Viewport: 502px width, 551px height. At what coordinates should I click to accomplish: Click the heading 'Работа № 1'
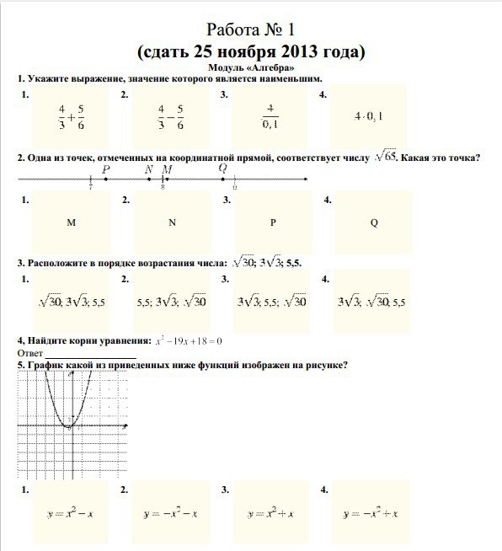(x=251, y=31)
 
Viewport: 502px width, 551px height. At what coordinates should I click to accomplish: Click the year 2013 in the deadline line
(x=284, y=52)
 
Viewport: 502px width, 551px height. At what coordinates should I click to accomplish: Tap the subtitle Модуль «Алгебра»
(x=251, y=67)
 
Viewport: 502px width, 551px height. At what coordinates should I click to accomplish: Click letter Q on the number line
(x=223, y=169)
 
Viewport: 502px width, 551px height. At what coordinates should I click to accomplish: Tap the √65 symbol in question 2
(x=386, y=155)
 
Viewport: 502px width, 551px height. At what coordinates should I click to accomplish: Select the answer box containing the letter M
(x=71, y=223)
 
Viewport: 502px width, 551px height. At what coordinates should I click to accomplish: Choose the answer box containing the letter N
(x=171, y=223)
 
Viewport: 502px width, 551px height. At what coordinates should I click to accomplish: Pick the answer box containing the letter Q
(x=373, y=223)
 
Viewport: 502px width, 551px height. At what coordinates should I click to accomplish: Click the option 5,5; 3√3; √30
(x=171, y=301)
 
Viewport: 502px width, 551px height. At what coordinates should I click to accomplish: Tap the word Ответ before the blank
(x=30, y=353)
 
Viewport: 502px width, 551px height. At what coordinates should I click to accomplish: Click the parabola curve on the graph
(x=51, y=396)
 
